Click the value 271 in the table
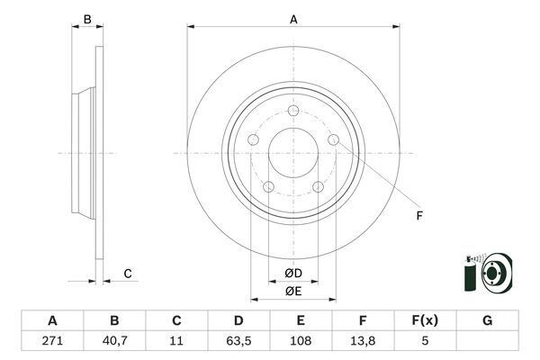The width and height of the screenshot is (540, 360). [x=52, y=342]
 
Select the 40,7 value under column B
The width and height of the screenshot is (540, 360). [x=114, y=342]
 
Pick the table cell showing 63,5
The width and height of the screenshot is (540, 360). [x=238, y=342]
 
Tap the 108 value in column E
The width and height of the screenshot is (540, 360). [x=301, y=342]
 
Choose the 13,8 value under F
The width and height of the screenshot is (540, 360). [x=363, y=342]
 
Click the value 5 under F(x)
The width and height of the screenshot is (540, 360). [x=425, y=342]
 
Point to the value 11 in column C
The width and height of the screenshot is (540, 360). [x=176, y=342]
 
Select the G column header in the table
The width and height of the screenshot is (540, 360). [x=487, y=320]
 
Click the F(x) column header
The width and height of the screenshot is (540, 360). [x=425, y=320]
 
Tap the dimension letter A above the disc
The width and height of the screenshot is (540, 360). [x=292, y=17]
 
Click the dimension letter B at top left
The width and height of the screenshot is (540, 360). [x=87, y=19]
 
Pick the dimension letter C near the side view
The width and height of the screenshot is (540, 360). [x=128, y=273]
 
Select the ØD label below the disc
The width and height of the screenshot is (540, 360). [x=292, y=273]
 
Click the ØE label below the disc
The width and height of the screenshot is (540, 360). [x=292, y=291]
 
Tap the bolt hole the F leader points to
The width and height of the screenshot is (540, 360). [x=334, y=140]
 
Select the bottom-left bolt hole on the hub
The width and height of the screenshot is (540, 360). [x=268, y=185]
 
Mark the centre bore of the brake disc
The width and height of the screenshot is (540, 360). [x=293, y=150]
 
